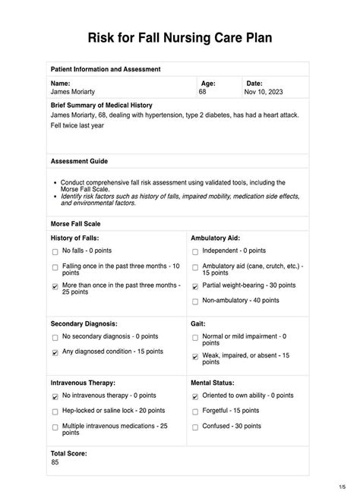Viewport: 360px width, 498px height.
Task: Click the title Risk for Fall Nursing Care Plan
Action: [179, 37]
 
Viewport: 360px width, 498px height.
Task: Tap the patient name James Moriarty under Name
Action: [73, 91]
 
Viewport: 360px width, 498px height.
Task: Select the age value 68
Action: [202, 91]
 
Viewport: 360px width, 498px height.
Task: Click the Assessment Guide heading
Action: [79, 162]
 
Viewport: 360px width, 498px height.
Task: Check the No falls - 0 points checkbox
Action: [55, 251]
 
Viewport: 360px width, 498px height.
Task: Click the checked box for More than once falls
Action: [55, 287]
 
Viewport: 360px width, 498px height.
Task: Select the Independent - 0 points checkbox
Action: [195, 251]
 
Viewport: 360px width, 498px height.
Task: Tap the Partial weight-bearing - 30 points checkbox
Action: [195, 287]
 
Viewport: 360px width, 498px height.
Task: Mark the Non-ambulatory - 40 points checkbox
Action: [195, 301]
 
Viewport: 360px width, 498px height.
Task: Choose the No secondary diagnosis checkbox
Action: [55, 337]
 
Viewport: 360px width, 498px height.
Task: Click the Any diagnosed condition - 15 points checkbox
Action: [55, 352]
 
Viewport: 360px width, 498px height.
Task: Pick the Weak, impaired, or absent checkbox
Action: [195, 357]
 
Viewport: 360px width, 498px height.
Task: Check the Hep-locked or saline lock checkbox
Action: [55, 411]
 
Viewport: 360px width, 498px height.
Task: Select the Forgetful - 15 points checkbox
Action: [195, 411]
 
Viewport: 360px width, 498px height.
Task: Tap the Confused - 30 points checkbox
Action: [195, 427]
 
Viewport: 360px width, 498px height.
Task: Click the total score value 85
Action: [55, 462]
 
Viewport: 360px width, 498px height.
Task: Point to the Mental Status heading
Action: [213, 383]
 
